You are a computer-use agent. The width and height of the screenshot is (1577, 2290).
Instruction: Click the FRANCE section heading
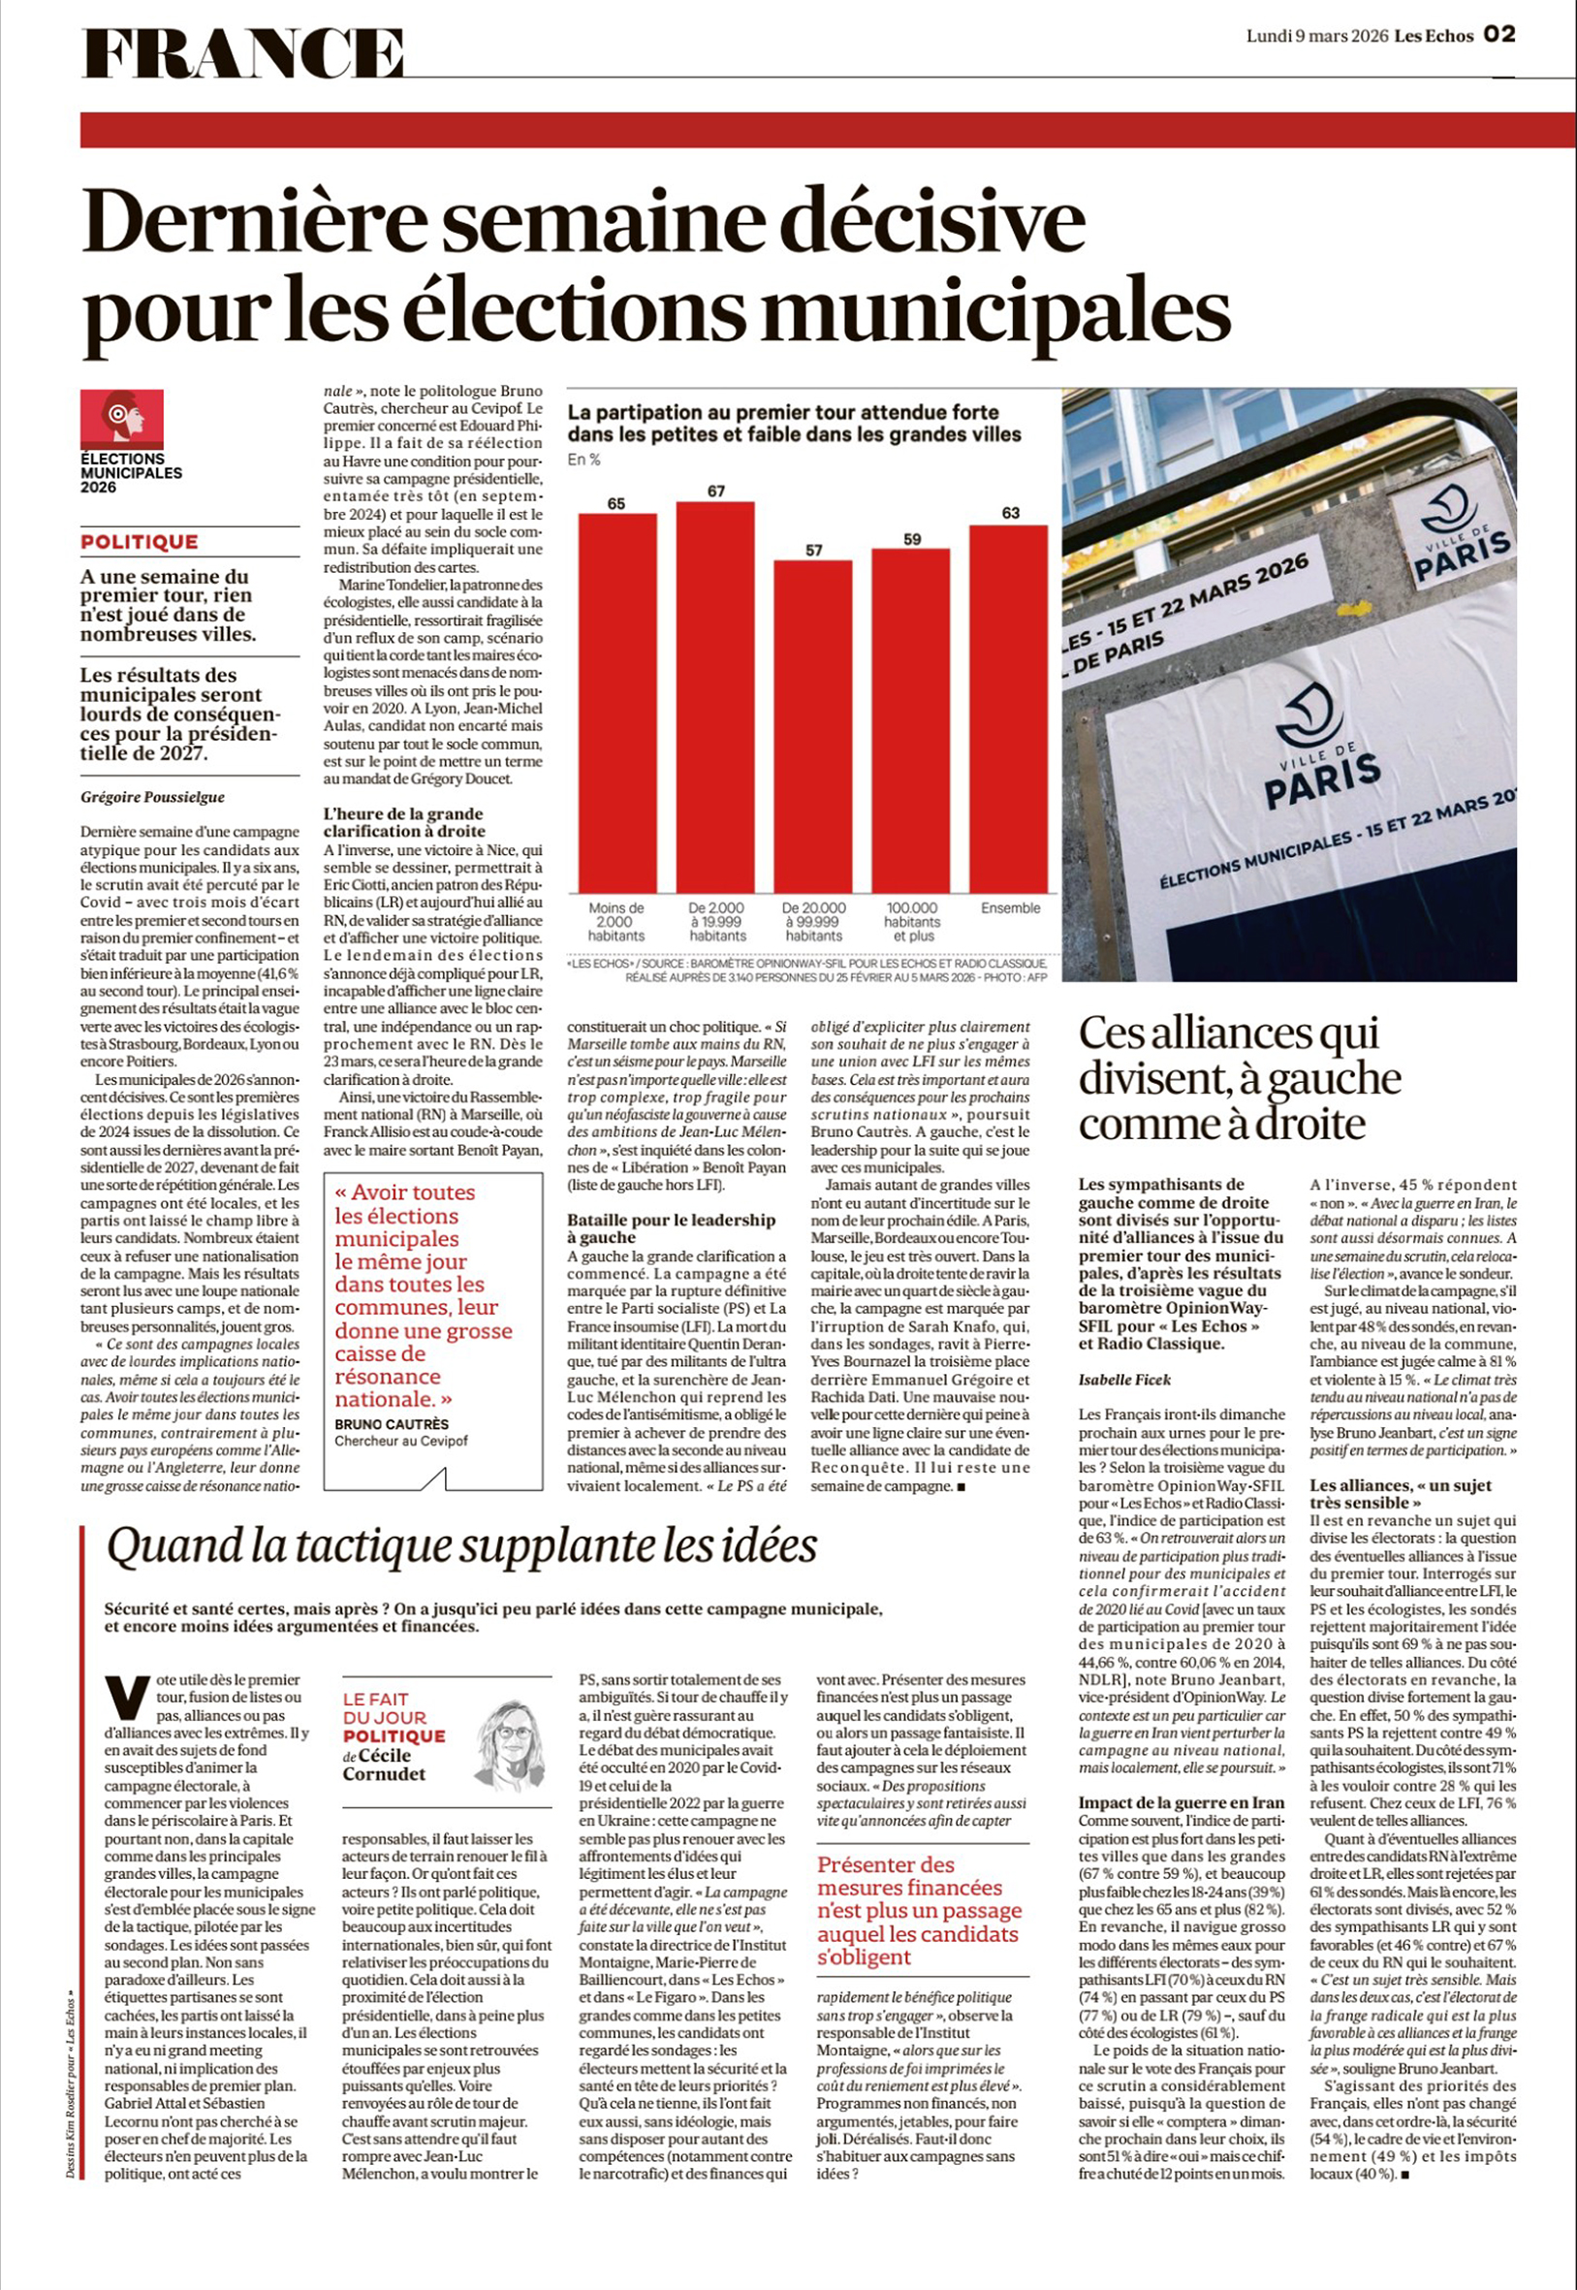242,53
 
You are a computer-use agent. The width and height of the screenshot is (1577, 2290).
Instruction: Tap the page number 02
1498,35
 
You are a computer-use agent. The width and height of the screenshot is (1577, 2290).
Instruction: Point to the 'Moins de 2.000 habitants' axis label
616,921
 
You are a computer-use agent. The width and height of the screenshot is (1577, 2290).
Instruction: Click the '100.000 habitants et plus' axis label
912,921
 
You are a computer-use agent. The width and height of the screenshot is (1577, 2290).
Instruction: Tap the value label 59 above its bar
912,539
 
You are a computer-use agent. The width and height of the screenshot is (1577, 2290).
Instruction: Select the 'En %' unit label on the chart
583,460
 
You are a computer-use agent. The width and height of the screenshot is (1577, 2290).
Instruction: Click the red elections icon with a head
122,419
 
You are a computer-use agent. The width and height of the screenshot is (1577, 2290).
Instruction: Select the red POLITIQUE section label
140,542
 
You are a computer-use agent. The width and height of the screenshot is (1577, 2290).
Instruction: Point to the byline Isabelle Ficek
1125,1380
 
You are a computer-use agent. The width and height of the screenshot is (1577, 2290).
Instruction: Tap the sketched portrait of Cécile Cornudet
511,1743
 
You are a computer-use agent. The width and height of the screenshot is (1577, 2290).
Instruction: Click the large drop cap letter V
126,1698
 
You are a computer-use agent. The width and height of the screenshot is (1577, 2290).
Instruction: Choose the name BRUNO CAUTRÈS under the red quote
392,1424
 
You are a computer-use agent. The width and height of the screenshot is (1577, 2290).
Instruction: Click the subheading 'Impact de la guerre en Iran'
1181,1802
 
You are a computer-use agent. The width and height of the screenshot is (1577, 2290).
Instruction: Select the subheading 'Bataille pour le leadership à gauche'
671,1227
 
